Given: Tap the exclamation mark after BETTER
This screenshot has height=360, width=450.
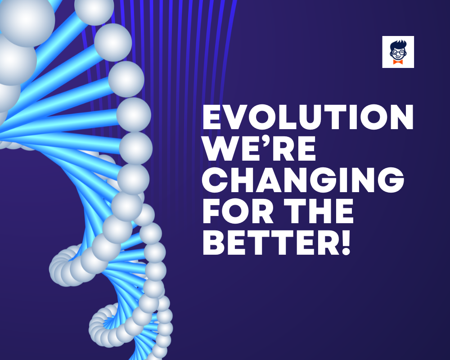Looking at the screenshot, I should [x=346, y=243].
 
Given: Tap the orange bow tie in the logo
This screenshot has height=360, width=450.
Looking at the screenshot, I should [x=398, y=62].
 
